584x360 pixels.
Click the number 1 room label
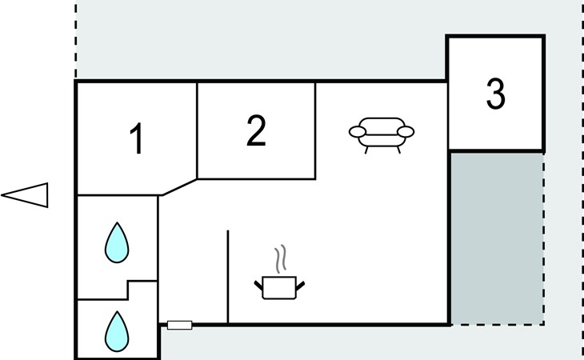[137, 139]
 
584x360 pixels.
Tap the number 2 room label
[255, 130]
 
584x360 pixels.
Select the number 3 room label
[496, 94]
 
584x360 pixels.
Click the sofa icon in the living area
[382, 132]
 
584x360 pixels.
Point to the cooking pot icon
[279, 286]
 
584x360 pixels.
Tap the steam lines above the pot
[279, 258]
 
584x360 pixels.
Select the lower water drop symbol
[118, 331]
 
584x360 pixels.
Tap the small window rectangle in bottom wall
[180, 325]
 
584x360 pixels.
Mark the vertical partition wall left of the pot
[228, 277]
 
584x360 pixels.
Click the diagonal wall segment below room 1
[178, 186]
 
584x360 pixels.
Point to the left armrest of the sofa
[357, 132]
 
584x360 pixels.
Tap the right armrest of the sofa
[406, 132]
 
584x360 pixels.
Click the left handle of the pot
[259, 282]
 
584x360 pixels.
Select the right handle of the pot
[300, 282]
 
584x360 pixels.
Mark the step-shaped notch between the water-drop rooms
[128, 290]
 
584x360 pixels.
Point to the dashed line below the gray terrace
[496, 325]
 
